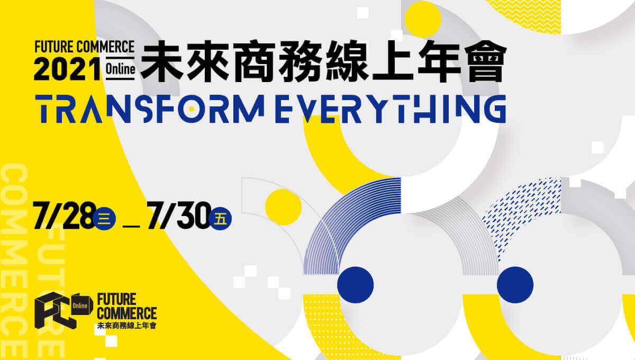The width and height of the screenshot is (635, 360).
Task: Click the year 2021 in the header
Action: [x=68, y=69]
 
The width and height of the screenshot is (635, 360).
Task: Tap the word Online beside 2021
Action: [x=120, y=69]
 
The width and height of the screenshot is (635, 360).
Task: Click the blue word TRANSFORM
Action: [x=150, y=109]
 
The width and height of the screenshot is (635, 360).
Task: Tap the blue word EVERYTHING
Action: [x=391, y=109]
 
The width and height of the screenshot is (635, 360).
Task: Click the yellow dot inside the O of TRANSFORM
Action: [x=192, y=109]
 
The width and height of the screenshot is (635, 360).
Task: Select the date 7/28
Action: [x=65, y=215]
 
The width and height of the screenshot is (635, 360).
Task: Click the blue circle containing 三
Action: [x=104, y=219]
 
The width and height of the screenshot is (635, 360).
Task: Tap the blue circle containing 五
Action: [x=220, y=219]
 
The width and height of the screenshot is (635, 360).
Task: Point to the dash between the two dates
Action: [x=131, y=227]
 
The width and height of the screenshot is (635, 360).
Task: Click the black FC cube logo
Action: [x=56, y=310]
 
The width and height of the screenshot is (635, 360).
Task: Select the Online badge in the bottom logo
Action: [x=81, y=305]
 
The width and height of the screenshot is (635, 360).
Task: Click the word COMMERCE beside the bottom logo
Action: [x=126, y=313]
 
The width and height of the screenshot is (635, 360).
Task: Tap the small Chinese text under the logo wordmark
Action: [x=126, y=326]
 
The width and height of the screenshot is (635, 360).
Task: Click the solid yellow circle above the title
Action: [x=423, y=19]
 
